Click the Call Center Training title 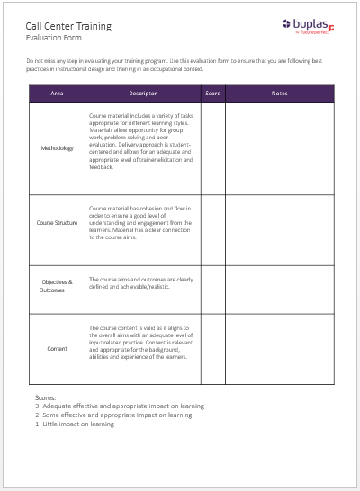(x=68, y=26)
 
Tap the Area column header (x=57, y=94)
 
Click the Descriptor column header (x=143, y=94)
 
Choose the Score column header (x=212, y=94)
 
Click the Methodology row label (x=57, y=148)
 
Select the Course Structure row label (x=57, y=220)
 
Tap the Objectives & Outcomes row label (x=57, y=285)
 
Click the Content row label (x=57, y=348)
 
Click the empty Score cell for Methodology (x=212, y=148)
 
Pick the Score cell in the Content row (x=212, y=348)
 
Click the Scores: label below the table (x=46, y=397)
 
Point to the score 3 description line (x=112, y=406)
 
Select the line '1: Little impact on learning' (x=75, y=424)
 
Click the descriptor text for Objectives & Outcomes (x=140, y=281)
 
